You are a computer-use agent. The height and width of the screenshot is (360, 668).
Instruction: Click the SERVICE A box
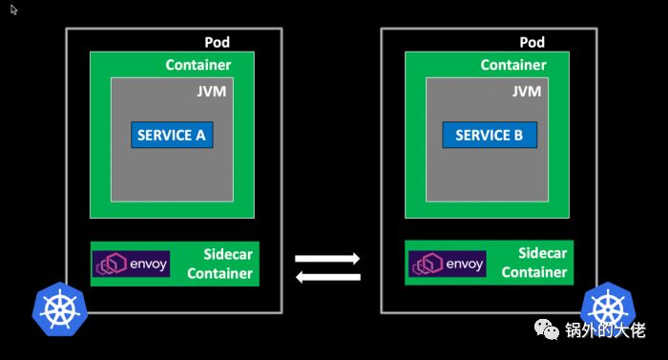(172, 135)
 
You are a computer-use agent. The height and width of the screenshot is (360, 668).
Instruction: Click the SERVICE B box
(489, 135)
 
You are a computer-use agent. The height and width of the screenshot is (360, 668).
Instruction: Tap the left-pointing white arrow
(327, 278)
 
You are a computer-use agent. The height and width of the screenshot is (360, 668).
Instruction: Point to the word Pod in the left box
(218, 43)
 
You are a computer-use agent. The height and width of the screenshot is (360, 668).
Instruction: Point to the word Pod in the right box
(532, 43)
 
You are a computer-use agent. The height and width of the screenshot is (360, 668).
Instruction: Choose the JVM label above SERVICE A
(210, 92)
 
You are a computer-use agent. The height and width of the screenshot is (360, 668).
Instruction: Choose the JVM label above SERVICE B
(526, 92)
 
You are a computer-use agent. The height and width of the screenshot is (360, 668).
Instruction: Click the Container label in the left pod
(198, 65)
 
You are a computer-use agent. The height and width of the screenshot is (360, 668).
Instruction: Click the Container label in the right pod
(513, 65)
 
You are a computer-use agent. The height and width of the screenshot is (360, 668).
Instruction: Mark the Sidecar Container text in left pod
(220, 264)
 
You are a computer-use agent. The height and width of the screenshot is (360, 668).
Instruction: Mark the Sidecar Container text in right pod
(534, 264)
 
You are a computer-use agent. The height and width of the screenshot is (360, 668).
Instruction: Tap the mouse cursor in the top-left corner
(14, 10)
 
